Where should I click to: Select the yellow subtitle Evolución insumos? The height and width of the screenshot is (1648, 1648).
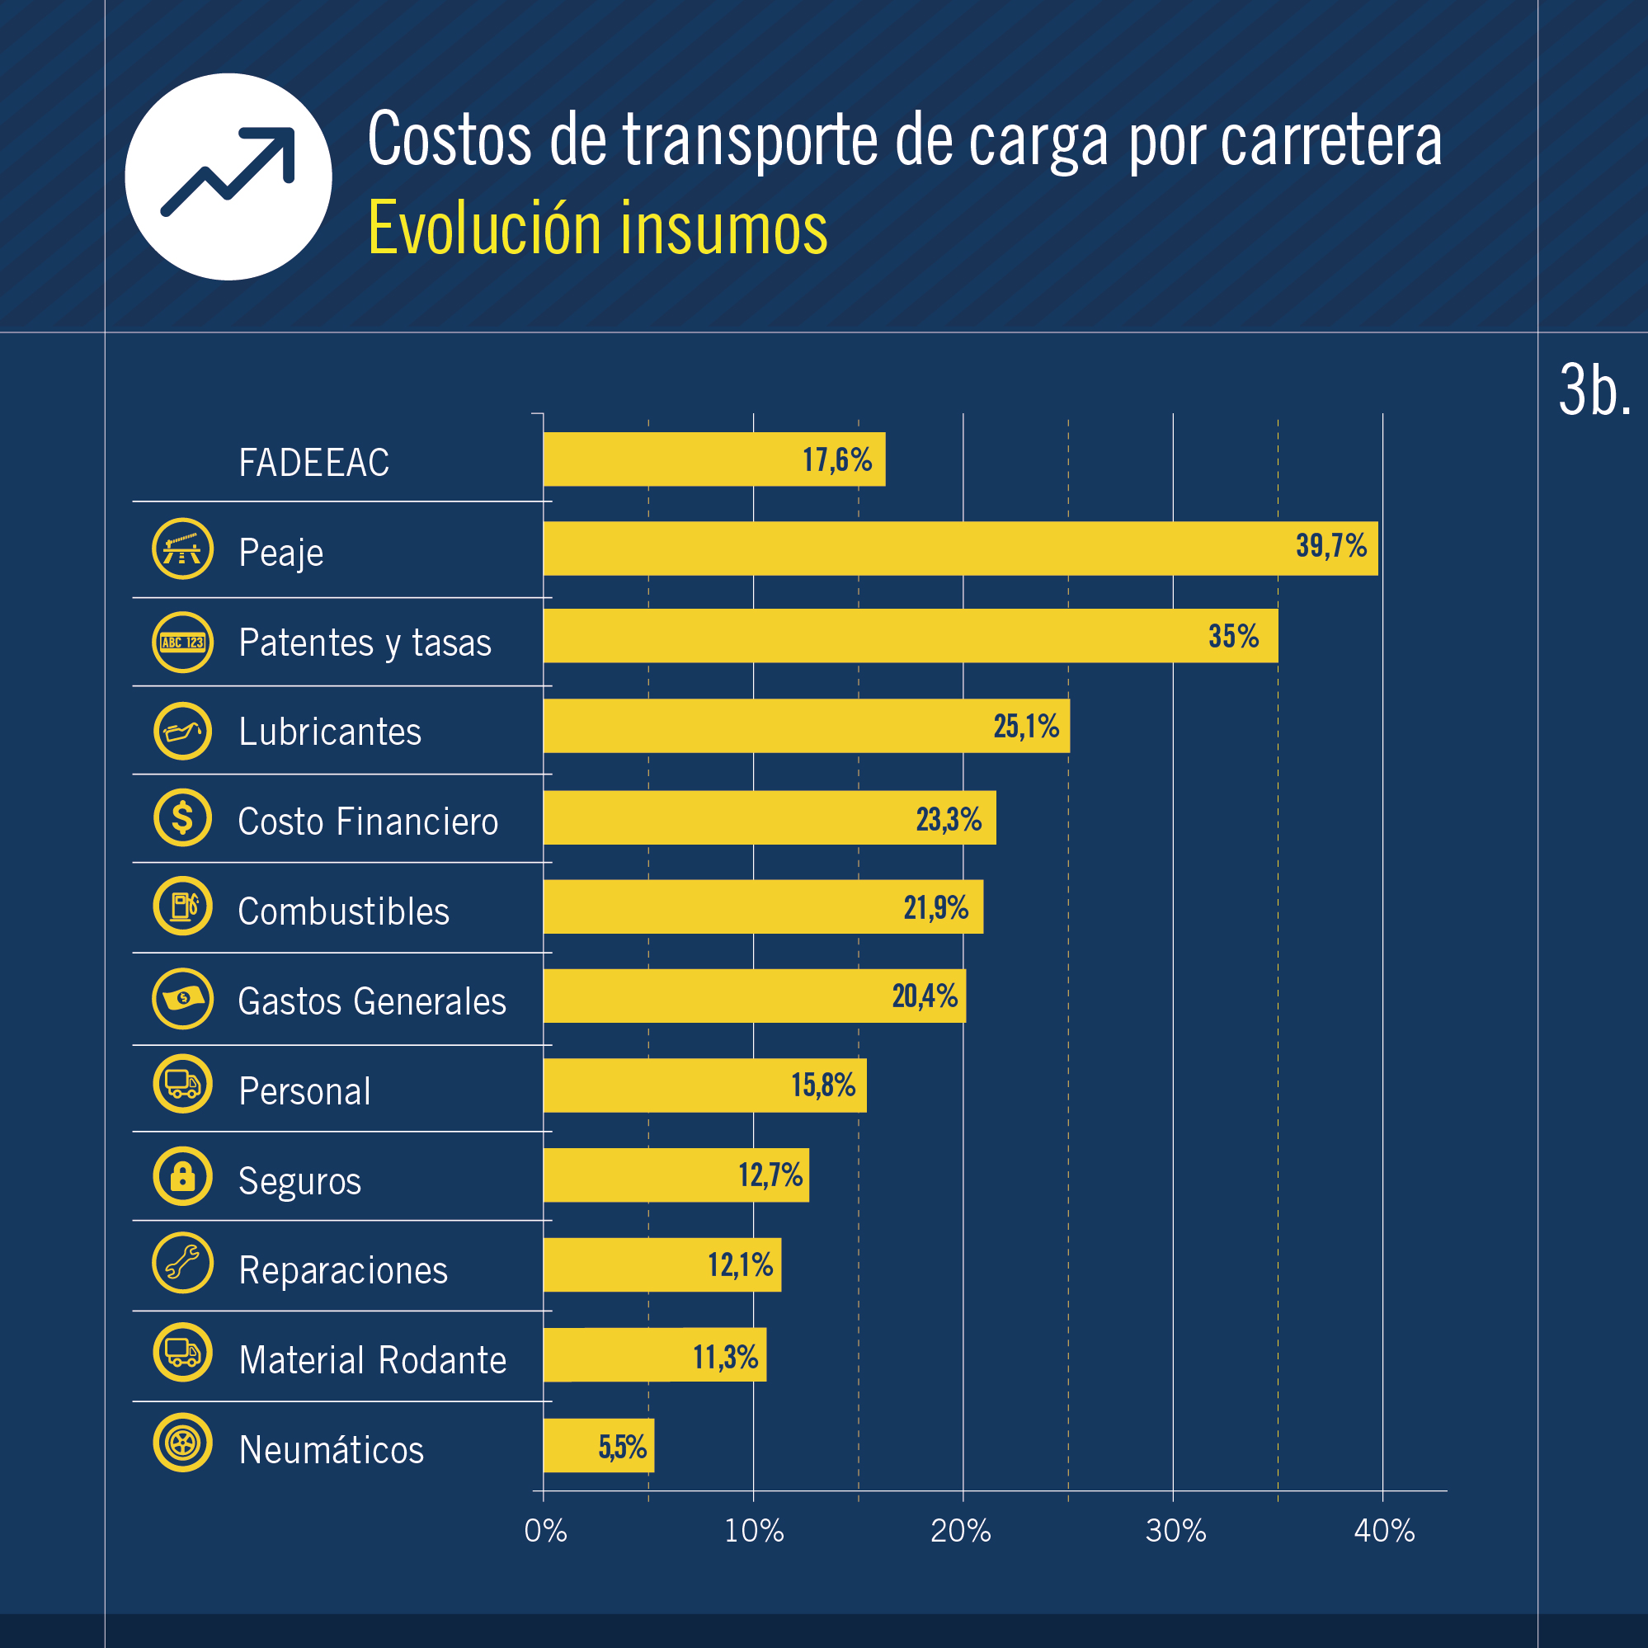(597, 228)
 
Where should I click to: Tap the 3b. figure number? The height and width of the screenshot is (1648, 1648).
(1594, 391)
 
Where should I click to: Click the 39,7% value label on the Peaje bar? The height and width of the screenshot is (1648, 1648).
(1330, 546)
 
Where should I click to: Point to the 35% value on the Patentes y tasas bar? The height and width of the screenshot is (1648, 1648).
(1233, 636)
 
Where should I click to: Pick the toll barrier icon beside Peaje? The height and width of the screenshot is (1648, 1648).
(182, 549)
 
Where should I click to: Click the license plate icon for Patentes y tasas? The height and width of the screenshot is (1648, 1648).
(182, 643)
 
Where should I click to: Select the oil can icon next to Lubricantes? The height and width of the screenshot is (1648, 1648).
(182, 731)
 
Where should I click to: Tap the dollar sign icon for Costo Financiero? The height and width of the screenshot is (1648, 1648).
(182, 818)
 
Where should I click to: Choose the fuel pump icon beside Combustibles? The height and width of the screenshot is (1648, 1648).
(182, 906)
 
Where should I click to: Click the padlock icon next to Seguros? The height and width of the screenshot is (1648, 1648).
(182, 1176)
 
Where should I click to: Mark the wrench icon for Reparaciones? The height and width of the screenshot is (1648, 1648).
(182, 1264)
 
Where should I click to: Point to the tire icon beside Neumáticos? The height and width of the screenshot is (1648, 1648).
(182, 1443)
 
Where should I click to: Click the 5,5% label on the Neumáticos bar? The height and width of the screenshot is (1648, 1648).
(622, 1448)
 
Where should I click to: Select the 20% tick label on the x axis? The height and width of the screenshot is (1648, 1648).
(962, 1532)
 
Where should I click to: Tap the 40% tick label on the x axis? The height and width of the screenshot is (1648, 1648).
(1383, 1532)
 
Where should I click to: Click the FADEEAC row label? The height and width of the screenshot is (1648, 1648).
(314, 464)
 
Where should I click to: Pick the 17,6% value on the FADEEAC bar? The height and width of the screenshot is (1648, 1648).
(837, 460)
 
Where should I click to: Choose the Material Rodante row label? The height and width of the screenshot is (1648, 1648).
(373, 1360)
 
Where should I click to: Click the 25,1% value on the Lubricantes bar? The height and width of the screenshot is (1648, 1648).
(1026, 727)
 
